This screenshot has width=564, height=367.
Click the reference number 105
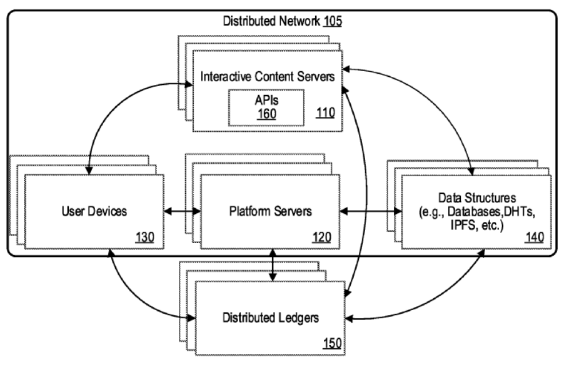(x=332, y=23)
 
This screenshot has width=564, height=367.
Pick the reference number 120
(x=326, y=237)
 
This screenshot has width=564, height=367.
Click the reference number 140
(x=535, y=237)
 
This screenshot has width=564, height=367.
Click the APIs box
(x=265, y=106)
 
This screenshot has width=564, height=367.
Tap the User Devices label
(x=94, y=212)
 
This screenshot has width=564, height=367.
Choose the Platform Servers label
(x=270, y=212)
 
